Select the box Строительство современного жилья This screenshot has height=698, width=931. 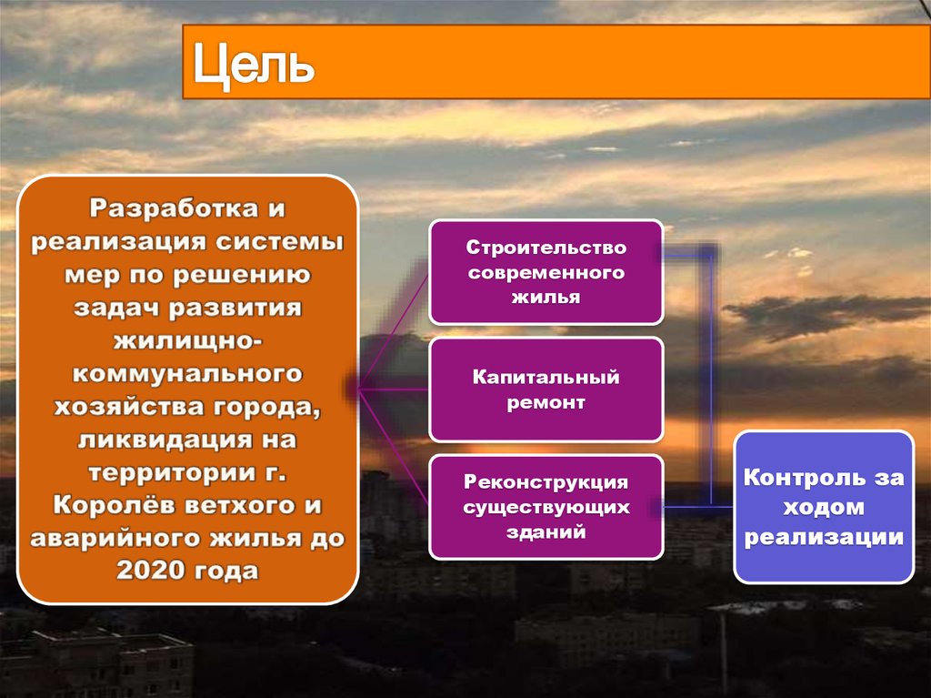pyautogui.click(x=546, y=272)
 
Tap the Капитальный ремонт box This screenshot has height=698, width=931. pyautogui.click(x=546, y=389)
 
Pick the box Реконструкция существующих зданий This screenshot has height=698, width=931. pyautogui.click(x=546, y=507)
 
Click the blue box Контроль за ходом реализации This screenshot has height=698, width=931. pyautogui.click(x=824, y=507)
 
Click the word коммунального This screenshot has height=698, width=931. pyautogui.click(x=187, y=374)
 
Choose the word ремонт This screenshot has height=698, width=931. pyautogui.click(x=546, y=403)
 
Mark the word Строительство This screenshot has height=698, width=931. pyautogui.click(x=546, y=248)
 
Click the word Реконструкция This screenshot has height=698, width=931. pyautogui.click(x=546, y=482)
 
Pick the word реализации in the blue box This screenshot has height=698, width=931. pyautogui.click(x=824, y=537)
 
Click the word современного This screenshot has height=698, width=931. pyautogui.click(x=546, y=272)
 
